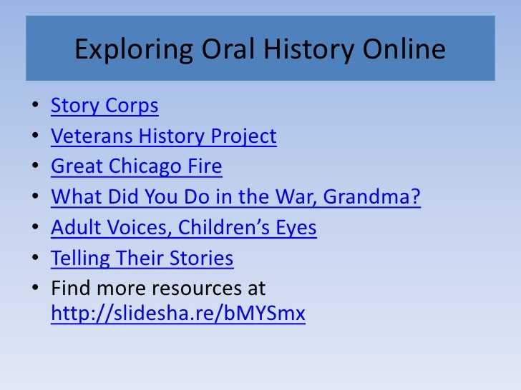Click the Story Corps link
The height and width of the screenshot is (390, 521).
pos(104,106)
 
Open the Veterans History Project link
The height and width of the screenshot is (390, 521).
pos(163,136)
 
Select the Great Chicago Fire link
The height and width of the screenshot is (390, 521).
pos(136,166)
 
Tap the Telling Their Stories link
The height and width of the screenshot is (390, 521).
pos(142,258)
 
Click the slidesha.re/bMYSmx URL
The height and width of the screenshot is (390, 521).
pos(178,315)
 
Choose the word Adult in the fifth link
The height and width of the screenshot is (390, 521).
pos(72,228)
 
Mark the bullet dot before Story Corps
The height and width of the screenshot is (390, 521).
pos(36,107)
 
